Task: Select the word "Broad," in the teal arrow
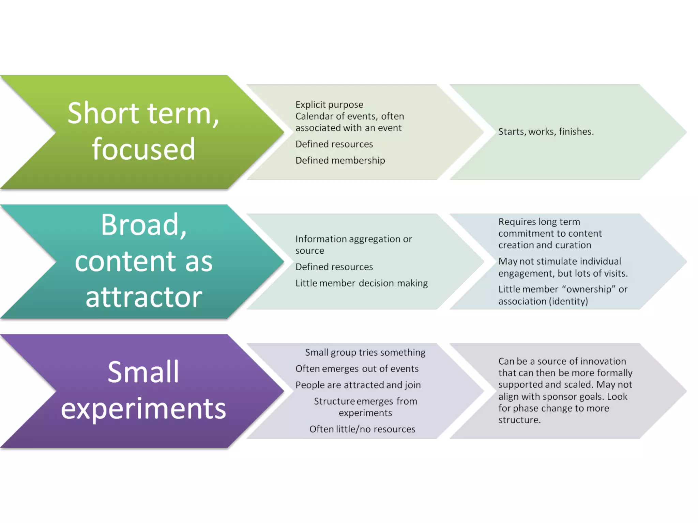pyautogui.click(x=143, y=225)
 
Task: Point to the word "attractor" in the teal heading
pyautogui.click(x=143, y=297)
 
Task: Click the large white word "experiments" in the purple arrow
pyautogui.click(x=143, y=409)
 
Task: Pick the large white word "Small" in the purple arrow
pyautogui.click(x=143, y=372)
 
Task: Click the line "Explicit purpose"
pyautogui.click(x=329, y=105)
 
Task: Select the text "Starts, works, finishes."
pyautogui.click(x=546, y=132)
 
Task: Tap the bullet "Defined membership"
pyautogui.click(x=340, y=160)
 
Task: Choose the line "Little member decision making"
pyautogui.click(x=362, y=283)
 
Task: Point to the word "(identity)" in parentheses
pyautogui.click(x=568, y=301)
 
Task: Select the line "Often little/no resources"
pyautogui.click(x=362, y=429)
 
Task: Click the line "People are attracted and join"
pyautogui.click(x=358, y=385)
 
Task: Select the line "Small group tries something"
pyautogui.click(x=365, y=352)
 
